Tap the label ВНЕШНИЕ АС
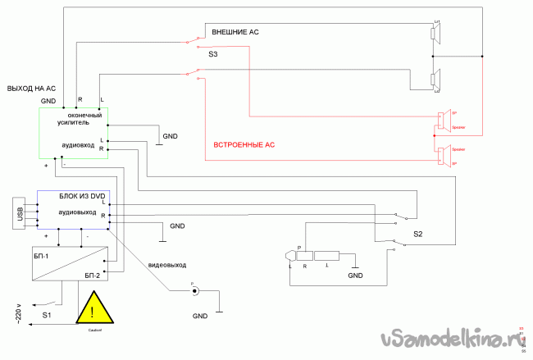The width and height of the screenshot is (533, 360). coord(235,31)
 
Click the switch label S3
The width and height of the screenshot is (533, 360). coord(213,54)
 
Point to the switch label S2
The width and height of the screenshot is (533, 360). coord(417,235)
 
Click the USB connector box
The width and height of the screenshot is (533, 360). coord(19,214)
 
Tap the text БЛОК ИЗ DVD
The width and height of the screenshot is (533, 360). coord(83,196)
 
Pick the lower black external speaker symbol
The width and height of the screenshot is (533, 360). coord(437,79)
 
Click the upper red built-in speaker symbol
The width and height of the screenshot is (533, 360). coord(443,120)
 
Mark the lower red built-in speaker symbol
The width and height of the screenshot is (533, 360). coord(443,155)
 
